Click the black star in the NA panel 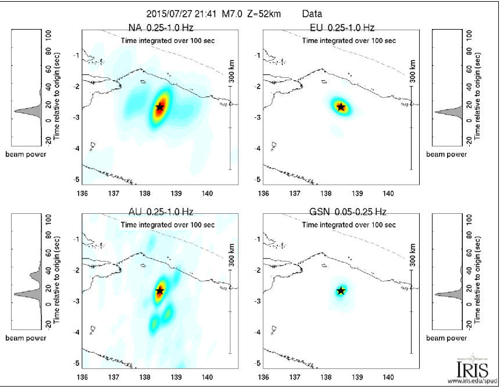tap(159, 107)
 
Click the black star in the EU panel tap(341, 107)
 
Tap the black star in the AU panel tap(159, 290)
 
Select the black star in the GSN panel tap(341, 291)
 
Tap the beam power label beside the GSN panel tap(446, 338)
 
